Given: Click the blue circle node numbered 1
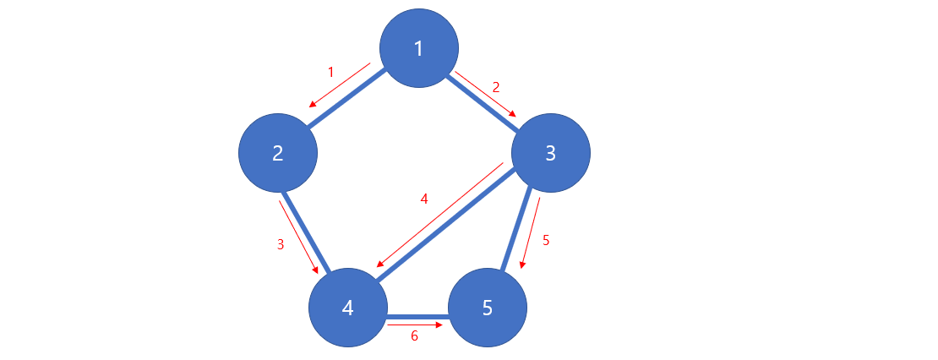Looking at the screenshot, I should click(419, 49).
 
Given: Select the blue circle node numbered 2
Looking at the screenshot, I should click(278, 153).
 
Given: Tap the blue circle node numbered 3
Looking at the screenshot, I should click(551, 153).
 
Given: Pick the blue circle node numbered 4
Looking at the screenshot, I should click(348, 308).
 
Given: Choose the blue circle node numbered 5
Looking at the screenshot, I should click(488, 308).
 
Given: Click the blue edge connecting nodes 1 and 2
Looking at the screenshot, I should click(348, 100).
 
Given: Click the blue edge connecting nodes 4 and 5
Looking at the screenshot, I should click(417, 314).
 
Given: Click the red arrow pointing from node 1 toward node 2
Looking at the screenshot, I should click(339, 85).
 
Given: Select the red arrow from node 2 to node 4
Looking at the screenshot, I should click(298, 237).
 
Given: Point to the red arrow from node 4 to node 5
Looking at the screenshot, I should click(415, 324).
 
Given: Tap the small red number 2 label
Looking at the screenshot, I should click(496, 86).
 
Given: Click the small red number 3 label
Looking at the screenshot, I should click(281, 244).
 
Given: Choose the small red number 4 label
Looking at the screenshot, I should click(424, 199).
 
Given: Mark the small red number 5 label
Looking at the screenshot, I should click(546, 240).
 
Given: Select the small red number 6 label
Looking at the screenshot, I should click(414, 335).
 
